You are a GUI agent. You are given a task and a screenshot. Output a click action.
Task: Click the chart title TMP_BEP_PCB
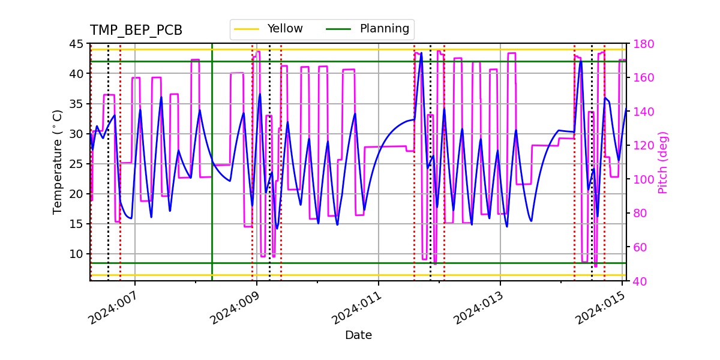click(136, 31)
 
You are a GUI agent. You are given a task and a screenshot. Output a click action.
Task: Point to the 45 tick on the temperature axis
click(76, 44)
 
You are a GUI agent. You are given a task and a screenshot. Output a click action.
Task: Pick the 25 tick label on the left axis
click(76, 164)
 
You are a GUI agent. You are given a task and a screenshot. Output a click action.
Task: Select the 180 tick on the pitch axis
click(641, 44)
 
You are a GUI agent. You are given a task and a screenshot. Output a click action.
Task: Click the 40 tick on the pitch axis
click(638, 281)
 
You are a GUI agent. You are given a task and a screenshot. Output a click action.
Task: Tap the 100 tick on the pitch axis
click(641, 179)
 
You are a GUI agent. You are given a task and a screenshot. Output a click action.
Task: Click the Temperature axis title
click(58, 162)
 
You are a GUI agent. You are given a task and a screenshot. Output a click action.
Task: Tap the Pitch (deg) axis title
click(663, 162)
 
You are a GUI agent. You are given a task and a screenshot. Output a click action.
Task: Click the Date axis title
click(358, 335)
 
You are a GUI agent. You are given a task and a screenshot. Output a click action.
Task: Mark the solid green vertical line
click(212, 180)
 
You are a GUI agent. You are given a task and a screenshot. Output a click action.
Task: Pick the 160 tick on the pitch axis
click(641, 78)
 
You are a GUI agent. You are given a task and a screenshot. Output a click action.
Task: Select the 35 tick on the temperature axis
click(76, 104)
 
